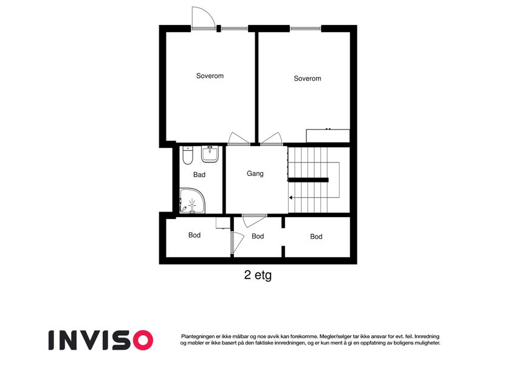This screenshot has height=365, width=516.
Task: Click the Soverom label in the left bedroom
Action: click(x=210, y=76)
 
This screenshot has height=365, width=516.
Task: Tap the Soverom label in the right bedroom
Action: click(x=308, y=78)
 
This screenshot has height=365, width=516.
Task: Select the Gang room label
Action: click(x=255, y=173)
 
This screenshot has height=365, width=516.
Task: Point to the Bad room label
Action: click(x=199, y=175)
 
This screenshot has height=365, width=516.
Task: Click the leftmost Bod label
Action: click(x=194, y=235)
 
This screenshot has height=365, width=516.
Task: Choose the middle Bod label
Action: click(x=258, y=236)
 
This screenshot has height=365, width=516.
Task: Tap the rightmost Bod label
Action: click(x=316, y=237)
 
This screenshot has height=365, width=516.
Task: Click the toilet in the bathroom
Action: click(x=187, y=156)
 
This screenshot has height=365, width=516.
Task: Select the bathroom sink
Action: click(x=210, y=154)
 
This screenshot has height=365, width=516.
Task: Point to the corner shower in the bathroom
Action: click(x=192, y=201)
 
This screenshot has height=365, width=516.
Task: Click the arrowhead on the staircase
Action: click(x=291, y=198)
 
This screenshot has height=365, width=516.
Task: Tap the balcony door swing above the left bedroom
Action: click(x=203, y=18)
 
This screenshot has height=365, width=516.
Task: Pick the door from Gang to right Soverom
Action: click(x=272, y=139)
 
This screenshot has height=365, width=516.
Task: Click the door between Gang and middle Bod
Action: click(x=254, y=221)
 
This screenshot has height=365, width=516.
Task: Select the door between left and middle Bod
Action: click(x=236, y=243)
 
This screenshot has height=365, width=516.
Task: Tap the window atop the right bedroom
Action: click(x=305, y=29)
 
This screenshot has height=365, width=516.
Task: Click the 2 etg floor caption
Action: click(x=258, y=275)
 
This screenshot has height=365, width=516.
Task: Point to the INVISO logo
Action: click(x=101, y=340)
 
